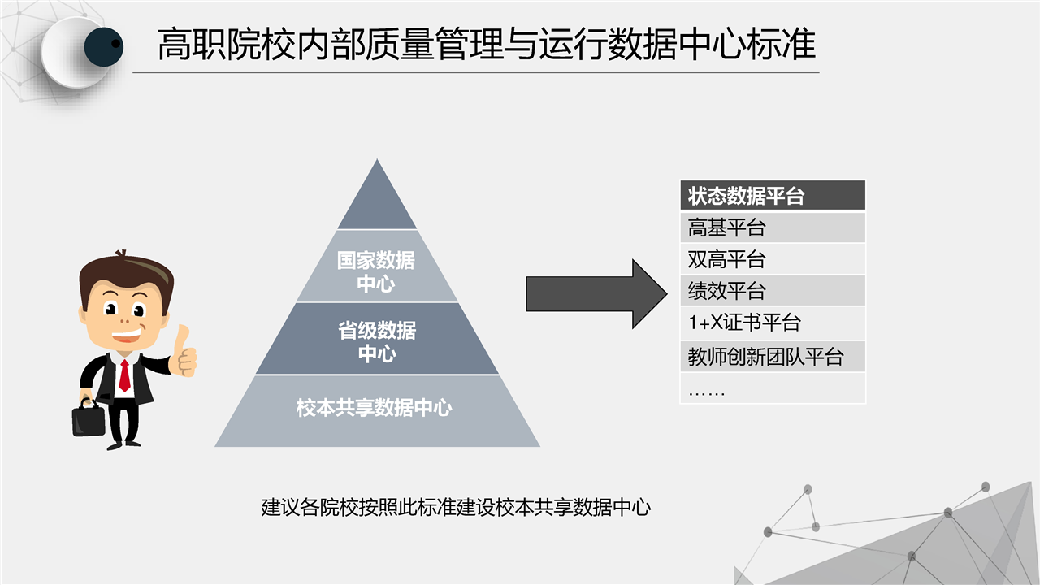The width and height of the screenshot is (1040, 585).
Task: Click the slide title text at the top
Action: pos(487,44)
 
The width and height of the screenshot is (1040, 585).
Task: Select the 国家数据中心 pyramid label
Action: pos(376,271)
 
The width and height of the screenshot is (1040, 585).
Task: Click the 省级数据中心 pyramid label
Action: pos(377,342)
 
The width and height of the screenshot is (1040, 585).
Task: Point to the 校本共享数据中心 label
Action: pos(375,408)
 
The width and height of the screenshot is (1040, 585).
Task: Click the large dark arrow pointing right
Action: pos(596,294)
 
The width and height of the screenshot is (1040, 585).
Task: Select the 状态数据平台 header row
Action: pos(773,196)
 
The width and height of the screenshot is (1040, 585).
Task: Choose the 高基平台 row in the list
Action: pos(773,227)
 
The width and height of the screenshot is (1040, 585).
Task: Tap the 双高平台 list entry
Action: pos(773,259)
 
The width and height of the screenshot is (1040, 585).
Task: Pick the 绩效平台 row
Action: pos(773,291)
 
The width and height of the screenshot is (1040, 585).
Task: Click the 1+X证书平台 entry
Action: pos(773,323)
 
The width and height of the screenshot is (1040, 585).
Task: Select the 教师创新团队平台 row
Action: pos(773,357)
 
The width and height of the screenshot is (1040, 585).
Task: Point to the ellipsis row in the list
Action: pos(773,388)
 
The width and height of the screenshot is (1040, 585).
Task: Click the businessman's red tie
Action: pos(124,375)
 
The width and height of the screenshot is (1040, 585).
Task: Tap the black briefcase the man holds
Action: pos(89,418)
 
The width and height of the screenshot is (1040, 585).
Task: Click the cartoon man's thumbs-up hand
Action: pos(184,352)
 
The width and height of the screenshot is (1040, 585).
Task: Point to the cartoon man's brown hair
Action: pos(125,274)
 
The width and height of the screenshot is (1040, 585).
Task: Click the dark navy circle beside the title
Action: pos(103,46)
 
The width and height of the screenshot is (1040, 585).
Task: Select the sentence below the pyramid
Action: pos(456,507)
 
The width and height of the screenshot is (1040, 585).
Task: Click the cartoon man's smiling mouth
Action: pos(126,336)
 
